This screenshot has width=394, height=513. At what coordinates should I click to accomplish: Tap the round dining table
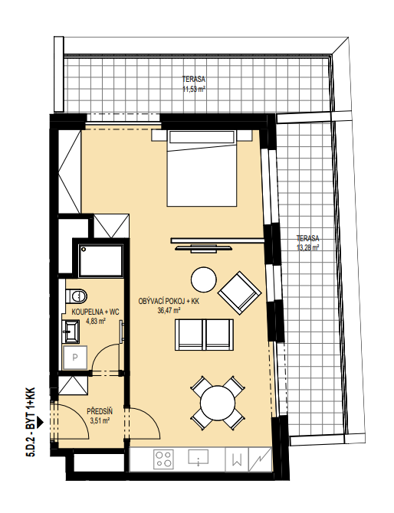[x=218, y=403]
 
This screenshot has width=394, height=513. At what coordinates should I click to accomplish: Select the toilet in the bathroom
[x=77, y=296]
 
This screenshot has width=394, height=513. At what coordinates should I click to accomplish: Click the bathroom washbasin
[x=71, y=332]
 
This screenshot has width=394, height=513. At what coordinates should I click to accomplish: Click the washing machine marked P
[x=75, y=358]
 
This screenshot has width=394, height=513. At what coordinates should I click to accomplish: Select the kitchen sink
[x=199, y=457]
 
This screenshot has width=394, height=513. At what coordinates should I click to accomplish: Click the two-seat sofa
[x=205, y=335]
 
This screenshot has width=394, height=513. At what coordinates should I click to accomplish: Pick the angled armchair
[x=239, y=292]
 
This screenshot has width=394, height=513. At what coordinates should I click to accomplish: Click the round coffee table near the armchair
[x=203, y=280]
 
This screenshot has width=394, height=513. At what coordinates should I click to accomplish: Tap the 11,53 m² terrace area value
[x=194, y=88]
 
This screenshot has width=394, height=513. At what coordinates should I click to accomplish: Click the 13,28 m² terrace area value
[x=307, y=247]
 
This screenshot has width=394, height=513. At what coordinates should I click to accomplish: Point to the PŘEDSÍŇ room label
[x=100, y=411]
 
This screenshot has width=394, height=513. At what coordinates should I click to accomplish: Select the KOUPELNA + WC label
[x=95, y=312]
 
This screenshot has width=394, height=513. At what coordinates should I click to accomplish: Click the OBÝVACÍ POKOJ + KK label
[x=169, y=302]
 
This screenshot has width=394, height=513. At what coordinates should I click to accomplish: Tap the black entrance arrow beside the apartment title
[x=40, y=422]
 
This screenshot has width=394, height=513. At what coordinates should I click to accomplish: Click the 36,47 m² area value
[x=169, y=311]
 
